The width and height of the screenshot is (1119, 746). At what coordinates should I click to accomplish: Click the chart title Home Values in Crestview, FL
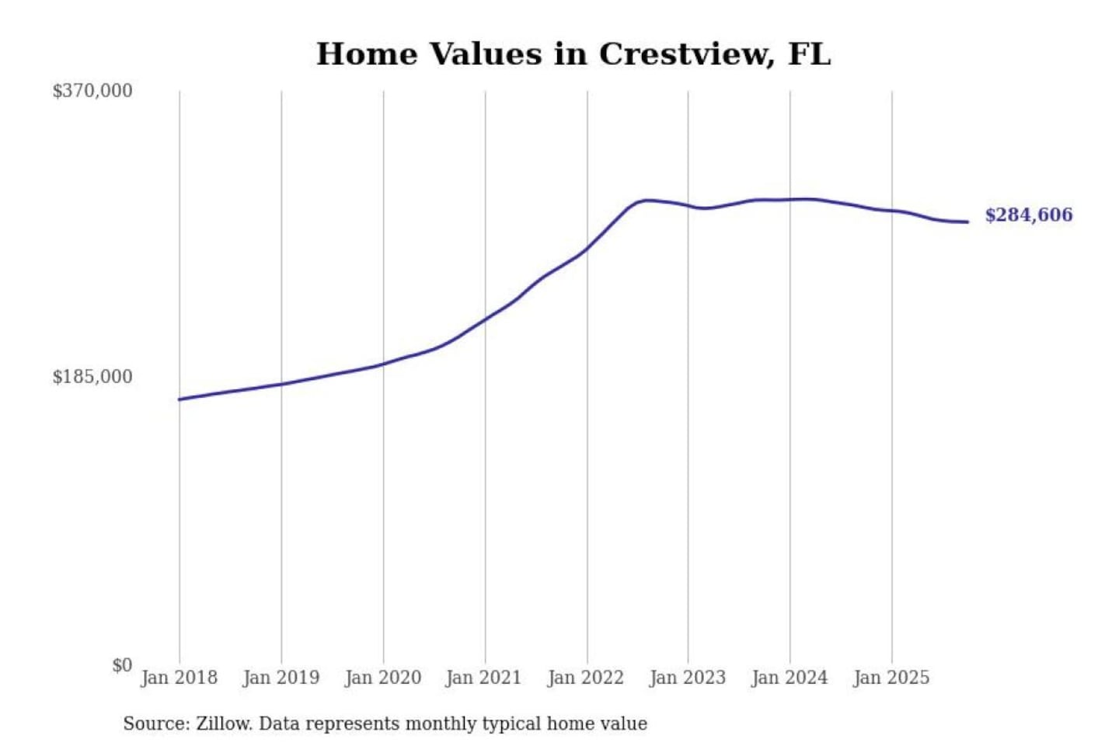(573, 54)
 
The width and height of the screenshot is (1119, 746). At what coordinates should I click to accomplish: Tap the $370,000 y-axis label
(92, 91)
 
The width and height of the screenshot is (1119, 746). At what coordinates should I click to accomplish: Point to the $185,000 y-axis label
(92, 377)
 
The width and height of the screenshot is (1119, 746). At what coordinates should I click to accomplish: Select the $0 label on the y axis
(122, 665)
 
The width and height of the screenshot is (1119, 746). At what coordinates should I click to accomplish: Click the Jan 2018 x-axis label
(180, 678)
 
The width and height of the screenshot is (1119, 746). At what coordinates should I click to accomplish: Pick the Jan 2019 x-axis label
(281, 678)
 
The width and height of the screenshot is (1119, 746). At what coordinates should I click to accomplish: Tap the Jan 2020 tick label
(383, 678)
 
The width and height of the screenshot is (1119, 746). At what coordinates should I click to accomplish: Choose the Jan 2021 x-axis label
(483, 678)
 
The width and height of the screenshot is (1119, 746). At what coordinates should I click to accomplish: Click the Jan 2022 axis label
(586, 678)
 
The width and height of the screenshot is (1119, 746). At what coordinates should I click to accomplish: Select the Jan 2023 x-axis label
(688, 678)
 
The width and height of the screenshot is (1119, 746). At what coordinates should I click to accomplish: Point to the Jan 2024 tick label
(790, 678)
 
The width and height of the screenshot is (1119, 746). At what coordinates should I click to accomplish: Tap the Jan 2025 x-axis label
(891, 678)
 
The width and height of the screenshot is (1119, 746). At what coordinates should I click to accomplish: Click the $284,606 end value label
(1029, 215)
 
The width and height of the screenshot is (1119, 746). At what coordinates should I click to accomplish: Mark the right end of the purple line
(967, 222)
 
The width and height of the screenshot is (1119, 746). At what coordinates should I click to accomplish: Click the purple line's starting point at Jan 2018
(180, 399)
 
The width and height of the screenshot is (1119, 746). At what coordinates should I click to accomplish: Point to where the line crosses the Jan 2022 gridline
(587, 248)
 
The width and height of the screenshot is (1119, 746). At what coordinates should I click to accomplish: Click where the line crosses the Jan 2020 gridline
(383, 364)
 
